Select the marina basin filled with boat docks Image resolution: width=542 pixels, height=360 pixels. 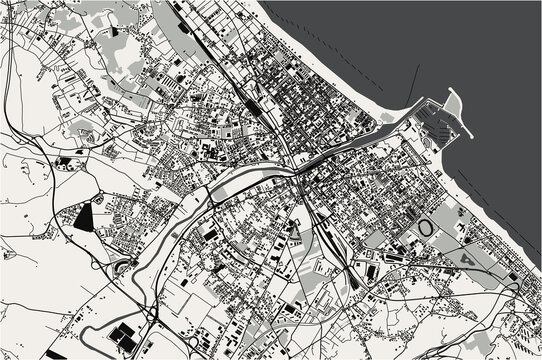[440, 124]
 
